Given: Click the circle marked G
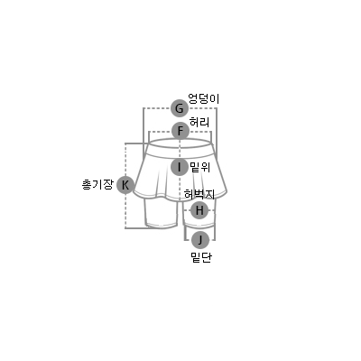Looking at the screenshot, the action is point(180,108).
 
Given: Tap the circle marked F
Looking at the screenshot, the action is point(180,131).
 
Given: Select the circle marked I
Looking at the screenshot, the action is point(180,167).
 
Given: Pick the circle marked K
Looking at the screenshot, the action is point(125,185).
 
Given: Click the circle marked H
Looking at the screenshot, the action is point(199,210).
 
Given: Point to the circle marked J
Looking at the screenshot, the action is point(200,240).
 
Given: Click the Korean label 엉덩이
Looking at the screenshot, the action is point(204,98).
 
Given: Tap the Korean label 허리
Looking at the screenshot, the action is point(199,122).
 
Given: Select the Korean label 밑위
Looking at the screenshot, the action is point(200,167).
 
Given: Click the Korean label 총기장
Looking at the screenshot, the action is point(97,184).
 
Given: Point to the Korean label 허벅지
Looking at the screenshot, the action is point(199,194).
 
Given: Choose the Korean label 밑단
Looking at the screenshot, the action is point(201,257).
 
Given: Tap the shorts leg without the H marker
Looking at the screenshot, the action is point(161,213).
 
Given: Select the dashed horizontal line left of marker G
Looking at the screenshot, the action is point(157,108).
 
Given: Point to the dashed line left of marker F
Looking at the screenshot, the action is point(161,132).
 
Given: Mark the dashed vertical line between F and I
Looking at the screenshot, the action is point(180,149).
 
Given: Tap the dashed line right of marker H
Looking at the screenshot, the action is point(212,210).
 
